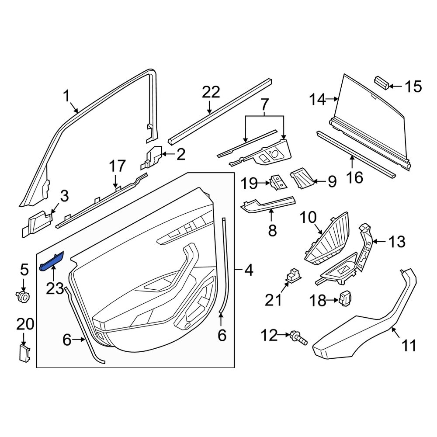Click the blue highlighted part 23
(52, 261)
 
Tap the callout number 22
(212, 93)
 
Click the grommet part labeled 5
(23, 298)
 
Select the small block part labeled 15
(382, 82)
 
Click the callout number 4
(248, 271)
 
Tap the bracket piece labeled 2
(152, 158)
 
